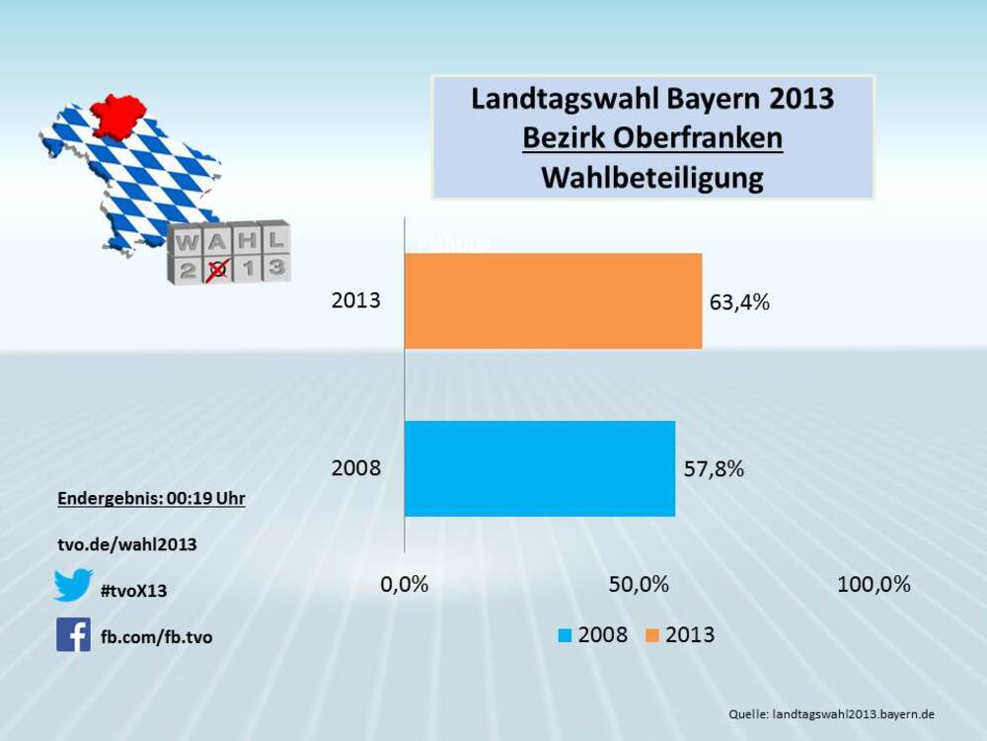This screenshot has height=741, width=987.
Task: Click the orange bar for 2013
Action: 553,300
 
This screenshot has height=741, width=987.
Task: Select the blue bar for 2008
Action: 540,468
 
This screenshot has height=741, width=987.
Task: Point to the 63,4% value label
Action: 739,302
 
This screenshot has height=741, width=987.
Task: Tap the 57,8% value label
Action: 714,469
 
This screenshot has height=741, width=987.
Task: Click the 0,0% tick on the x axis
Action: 405,584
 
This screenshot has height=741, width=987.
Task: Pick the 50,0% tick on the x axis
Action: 639,584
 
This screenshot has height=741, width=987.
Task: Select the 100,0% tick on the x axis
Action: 873,584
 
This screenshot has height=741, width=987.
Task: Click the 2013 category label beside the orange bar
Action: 355,300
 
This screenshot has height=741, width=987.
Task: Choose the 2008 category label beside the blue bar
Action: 355,468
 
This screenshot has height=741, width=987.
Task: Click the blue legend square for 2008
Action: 565,635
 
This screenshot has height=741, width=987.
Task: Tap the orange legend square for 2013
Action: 652,635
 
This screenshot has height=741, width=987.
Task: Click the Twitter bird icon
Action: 73,585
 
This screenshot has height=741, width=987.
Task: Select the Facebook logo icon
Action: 73,634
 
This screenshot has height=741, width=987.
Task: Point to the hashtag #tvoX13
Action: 134,591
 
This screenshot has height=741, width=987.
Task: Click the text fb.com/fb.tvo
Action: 156,637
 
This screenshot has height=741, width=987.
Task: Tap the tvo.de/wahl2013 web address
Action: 127,544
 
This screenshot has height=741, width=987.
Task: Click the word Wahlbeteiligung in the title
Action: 652,178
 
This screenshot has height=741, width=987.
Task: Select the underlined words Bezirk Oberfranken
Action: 652,138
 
